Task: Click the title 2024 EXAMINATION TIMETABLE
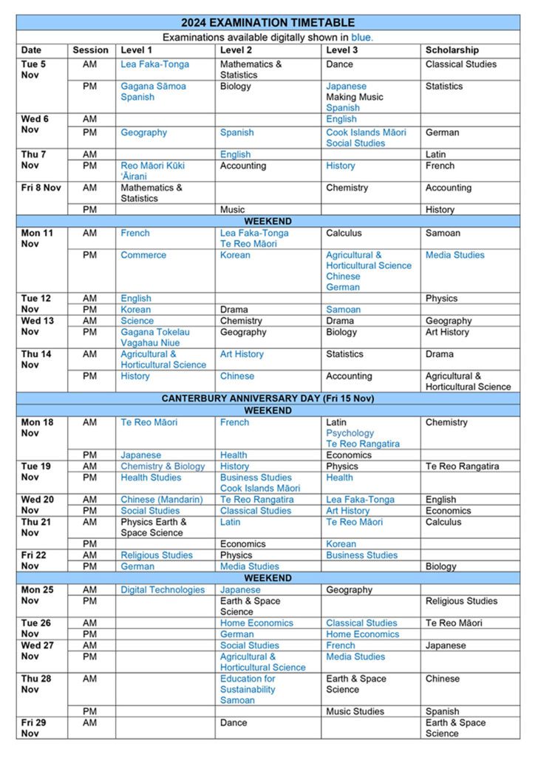pyautogui.click(x=267, y=23)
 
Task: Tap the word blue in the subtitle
pyautogui.click(x=361, y=37)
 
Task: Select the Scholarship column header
pyautogui.click(x=451, y=50)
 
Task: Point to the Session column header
pyautogui.click(x=90, y=50)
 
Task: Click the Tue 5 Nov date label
pyautogui.click(x=33, y=69)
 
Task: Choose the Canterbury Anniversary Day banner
pyautogui.click(x=267, y=398)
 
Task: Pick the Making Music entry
pyautogui.click(x=355, y=97)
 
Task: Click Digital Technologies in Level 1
pyautogui.click(x=163, y=590)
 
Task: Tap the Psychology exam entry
pyautogui.click(x=350, y=433)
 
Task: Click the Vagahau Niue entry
pyautogui.click(x=151, y=343)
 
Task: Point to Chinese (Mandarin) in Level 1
pyautogui.click(x=162, y=500)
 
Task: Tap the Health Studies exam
pyautogui.click(x=151, y=478)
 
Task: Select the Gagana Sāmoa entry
pyautogui.click(x=153, y=86)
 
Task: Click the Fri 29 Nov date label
pyautogui.click(x=33, y=727)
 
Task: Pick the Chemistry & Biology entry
pyautogui.click(x=163, y=466)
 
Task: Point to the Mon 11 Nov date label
pyautogui.click(x=37, y=238)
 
